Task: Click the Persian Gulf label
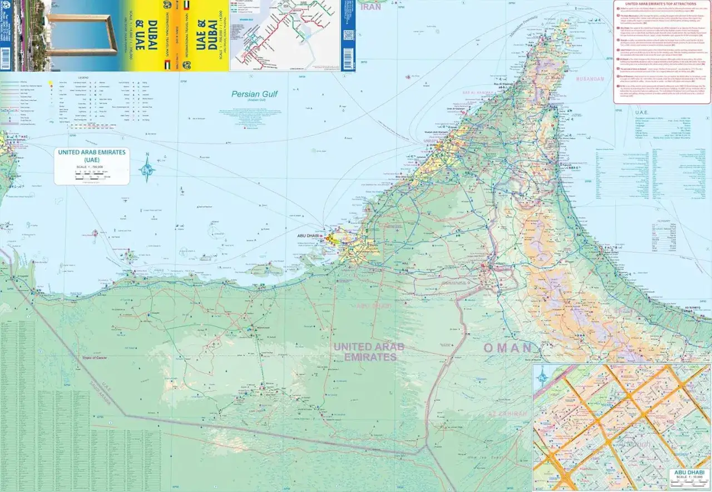(x=254, y=95)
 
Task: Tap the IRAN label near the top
(x=370, y=7)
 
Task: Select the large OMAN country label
(x=507, y=348)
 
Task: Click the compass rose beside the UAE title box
(x=147, y=169)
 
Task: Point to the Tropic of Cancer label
(x=95, y=358)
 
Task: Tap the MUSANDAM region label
(x=590, y=79)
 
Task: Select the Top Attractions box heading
(x=662, y=4)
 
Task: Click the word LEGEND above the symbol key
(x=83, y=77)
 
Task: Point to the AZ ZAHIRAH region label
(x=507, y=414)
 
